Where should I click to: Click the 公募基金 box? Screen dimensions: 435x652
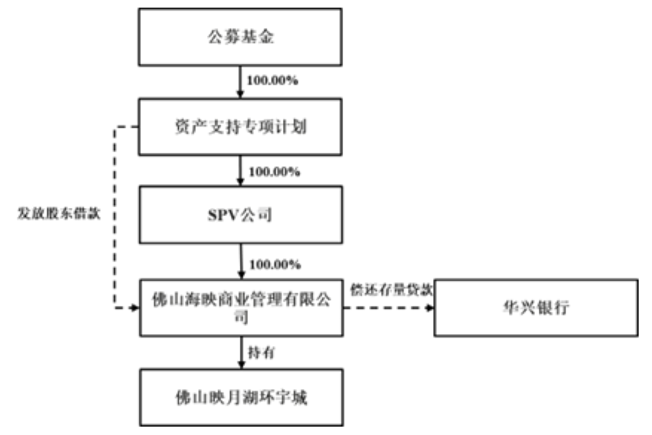tap(240, 37)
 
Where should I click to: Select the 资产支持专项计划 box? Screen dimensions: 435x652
tap(240, 126)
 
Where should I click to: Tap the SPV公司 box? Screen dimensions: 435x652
tap(240, 215)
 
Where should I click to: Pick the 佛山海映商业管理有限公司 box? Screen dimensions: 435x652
tap(241, 307)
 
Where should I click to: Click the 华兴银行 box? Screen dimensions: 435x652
tap(536, 307)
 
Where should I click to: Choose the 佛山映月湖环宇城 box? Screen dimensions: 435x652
tap(241, 397)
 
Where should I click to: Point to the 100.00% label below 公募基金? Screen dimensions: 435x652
tap(272, 80)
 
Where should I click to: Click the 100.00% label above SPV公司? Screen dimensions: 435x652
tap(274, 172)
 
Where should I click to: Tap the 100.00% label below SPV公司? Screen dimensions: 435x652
tap(275, 264)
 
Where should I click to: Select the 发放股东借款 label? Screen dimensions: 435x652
tap(59, 213)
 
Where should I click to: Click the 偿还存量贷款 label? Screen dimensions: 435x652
tap(392, 290)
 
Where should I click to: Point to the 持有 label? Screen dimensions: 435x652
tap(261, 352)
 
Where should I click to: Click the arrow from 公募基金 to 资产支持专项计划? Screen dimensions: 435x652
tap(240, 82)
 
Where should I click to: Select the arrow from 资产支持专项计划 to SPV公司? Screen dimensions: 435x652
tap(240, 171)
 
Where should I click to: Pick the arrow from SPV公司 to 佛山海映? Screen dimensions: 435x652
tap(241, 261)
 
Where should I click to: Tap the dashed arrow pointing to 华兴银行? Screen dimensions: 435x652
tap(388, 308)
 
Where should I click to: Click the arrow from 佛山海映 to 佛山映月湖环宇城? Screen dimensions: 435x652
tap(241, 352)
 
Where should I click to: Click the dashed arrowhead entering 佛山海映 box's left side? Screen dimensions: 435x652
tap(135, 308)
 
